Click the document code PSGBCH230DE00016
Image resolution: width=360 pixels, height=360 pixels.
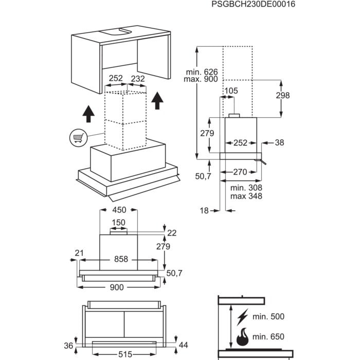(x=254, y=4)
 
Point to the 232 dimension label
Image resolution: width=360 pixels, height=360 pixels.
(x=137, y=79)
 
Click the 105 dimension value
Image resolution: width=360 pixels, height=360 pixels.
(x=231, y=91)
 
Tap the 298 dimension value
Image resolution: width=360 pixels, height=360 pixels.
(x=282, y=95)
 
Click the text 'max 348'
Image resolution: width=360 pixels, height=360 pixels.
(x=246, y=196)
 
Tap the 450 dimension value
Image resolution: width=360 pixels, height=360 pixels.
(x=119, y=210)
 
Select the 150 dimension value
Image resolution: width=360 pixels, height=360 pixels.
(x=119, y=222)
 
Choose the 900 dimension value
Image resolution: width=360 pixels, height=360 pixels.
(x=117, y=287)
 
